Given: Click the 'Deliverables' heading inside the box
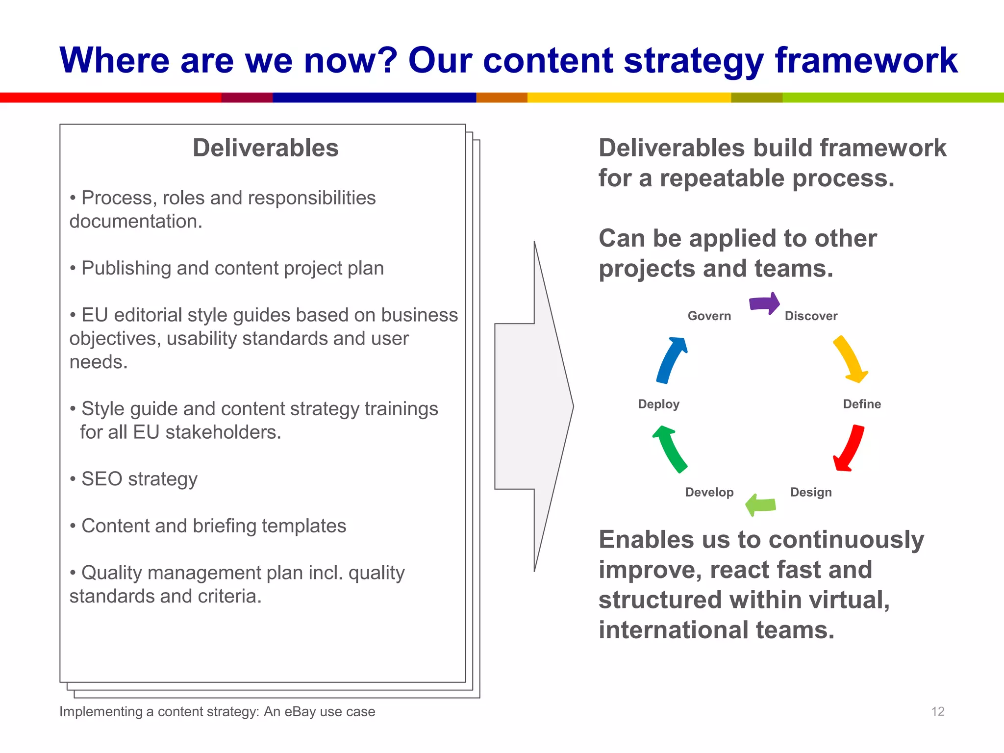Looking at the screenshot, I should (x=265, y=148).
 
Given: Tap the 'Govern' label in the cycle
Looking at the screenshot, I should (x=709, y=316).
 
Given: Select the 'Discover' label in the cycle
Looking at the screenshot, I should (x=811, y=316).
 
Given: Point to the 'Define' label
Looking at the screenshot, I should (x=861, y=404).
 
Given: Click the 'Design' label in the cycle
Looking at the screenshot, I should (x=811, y=492).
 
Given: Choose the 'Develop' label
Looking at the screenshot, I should (x=709, y=492).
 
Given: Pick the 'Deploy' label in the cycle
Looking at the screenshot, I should (x=658, y=404).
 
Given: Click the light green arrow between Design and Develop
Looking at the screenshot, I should (x=761, y=504).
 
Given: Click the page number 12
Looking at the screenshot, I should (x=937, y=711).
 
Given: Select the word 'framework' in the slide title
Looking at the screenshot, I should (x=866, y=60).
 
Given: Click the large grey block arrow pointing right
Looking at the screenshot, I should (x=534, y=406).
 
